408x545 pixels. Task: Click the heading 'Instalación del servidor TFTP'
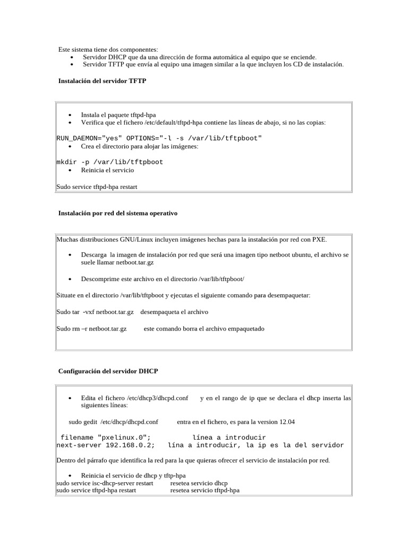(102, 81)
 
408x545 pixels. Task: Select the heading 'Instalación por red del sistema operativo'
(117, 213)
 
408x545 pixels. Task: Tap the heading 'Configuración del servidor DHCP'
(108, 370)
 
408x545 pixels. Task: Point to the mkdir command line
(109, 162)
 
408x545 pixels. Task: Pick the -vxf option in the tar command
(79, 312)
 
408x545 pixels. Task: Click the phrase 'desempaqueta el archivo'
(174, 312)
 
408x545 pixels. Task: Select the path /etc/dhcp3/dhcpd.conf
(157, 398)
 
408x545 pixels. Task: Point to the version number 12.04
(287, 422)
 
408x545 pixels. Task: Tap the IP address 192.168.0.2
(130, 445)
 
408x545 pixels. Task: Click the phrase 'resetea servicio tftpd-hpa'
(205, 490)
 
